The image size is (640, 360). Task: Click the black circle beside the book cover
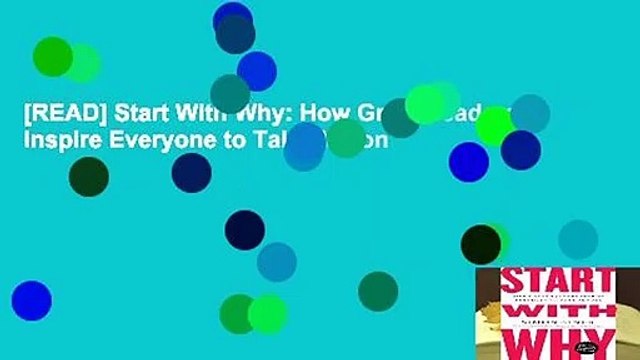tap(481, 244)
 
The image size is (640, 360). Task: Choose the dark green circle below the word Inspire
tap(88, 177)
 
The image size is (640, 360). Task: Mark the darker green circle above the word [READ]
tap(53, 56)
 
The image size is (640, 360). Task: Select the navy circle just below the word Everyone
tap(191, 172)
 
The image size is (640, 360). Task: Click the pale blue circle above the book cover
tap(578, 239)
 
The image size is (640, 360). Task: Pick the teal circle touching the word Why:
tap(230, 94)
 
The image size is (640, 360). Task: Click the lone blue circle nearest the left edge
tap(31, 300)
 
